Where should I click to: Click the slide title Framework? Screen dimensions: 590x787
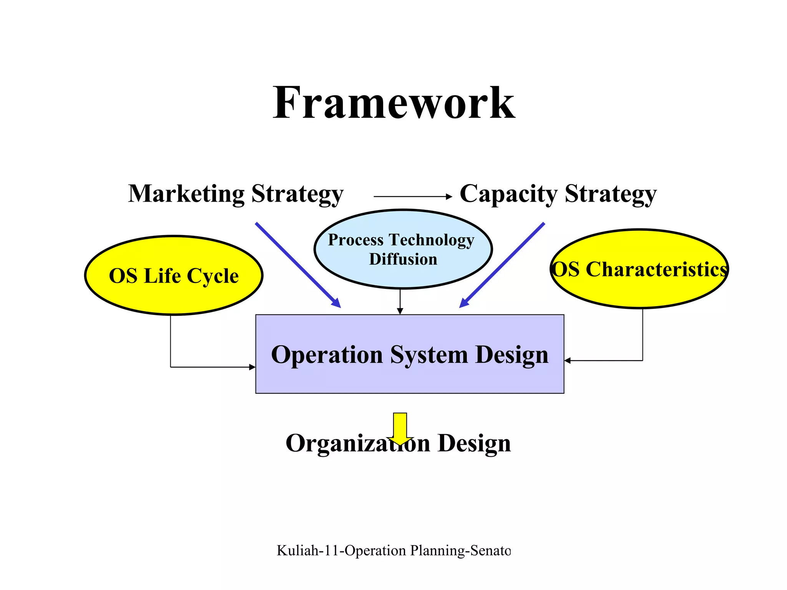tap(393, 103)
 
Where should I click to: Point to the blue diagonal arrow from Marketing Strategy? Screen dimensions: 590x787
tap(298, 265)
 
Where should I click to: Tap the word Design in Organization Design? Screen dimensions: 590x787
tap(474, 443)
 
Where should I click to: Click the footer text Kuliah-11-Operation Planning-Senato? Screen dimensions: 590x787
tap(393, 550)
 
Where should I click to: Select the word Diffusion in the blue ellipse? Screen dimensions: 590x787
tap(403, 259)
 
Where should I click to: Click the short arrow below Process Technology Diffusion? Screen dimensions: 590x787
tap(400, 302)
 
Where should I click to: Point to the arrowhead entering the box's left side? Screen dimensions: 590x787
tap(252, 367)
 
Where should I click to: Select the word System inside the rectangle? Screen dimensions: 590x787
tap(429, 355)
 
